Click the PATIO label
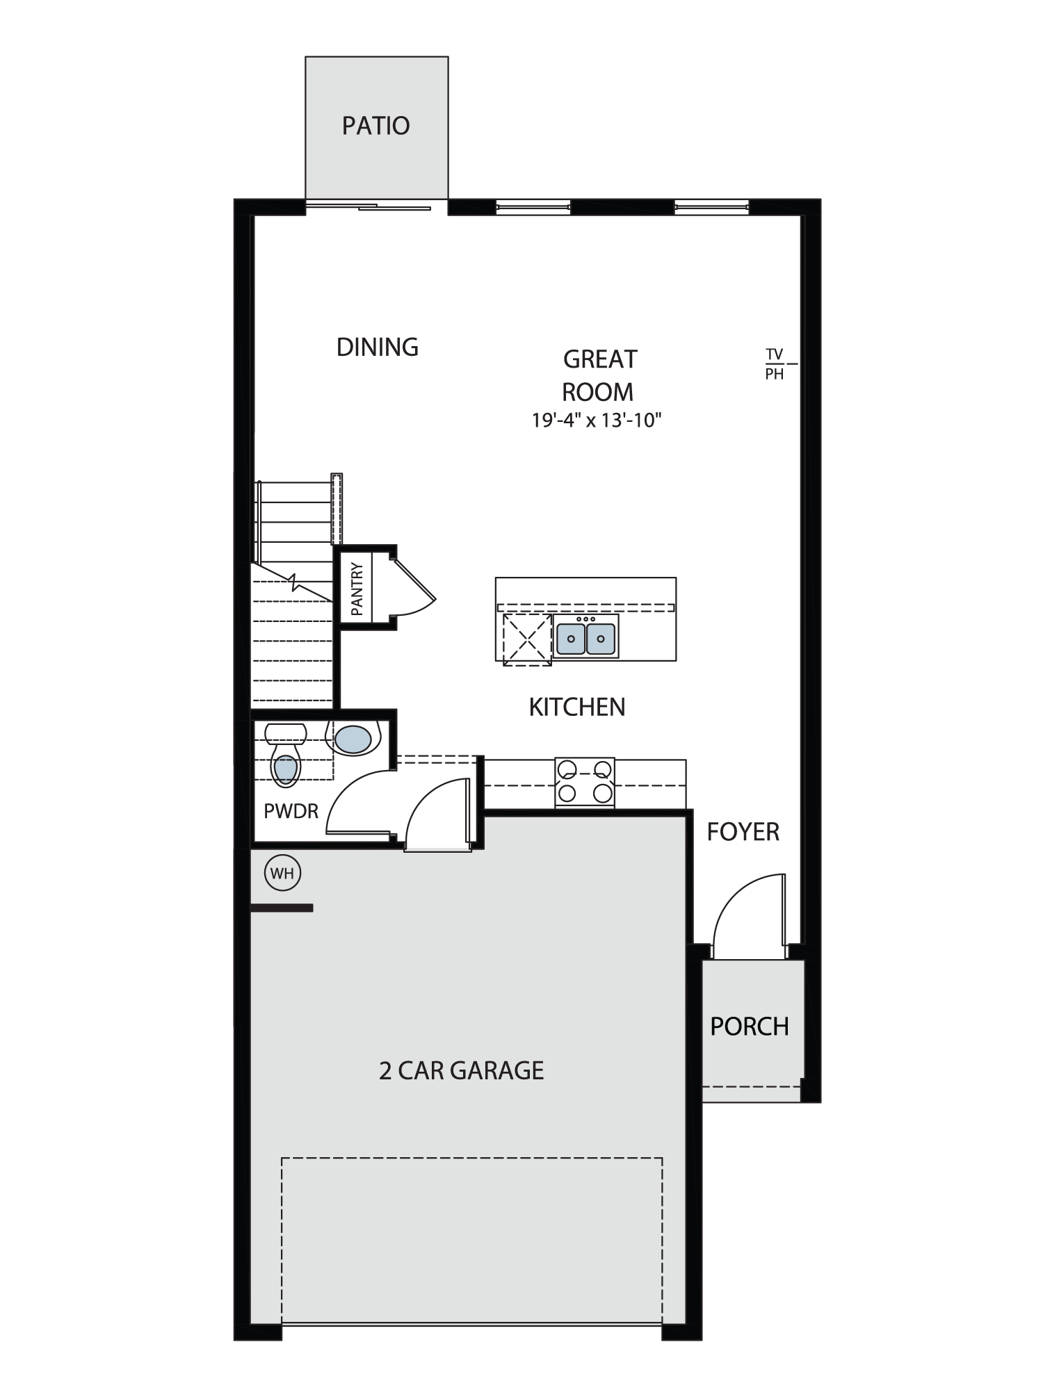click(375, 126)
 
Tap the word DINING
click(378, 347)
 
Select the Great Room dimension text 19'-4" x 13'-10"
click(597, 420)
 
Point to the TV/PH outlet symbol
click(779, 364)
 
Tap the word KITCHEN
click(577, 707)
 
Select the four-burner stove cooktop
click(585, 782)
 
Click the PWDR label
click(291, 810)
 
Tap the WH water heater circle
click(283, 873)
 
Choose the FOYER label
click(743, 831)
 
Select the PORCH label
click(750, 1027)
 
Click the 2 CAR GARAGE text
click(461, 1070)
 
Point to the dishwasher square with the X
click(527, 639)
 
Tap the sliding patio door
click(369, 206)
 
